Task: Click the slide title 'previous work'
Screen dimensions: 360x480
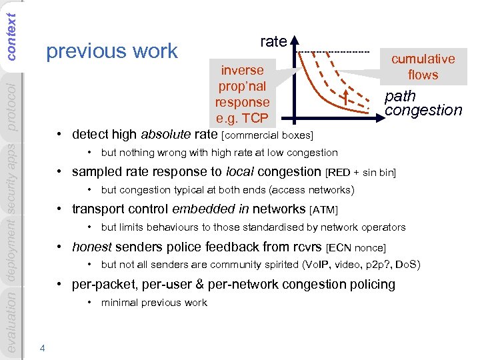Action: pos(111,51)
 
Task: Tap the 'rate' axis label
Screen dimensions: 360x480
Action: pos(273,41)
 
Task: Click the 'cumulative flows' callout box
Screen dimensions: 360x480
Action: pos(423,67)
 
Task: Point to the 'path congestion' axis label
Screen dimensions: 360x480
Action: pos(423,103)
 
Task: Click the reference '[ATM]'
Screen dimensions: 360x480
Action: pos(324,211)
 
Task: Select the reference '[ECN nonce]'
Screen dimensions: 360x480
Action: pos(357,249)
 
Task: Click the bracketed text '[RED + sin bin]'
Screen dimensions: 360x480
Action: pos(361,173)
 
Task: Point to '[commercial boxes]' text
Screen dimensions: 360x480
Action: pos(267,136)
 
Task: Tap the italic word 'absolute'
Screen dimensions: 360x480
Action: pos(167,134)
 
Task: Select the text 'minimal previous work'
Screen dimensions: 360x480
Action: pos(154,303)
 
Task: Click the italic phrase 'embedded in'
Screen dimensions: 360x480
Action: pos(204,210)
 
